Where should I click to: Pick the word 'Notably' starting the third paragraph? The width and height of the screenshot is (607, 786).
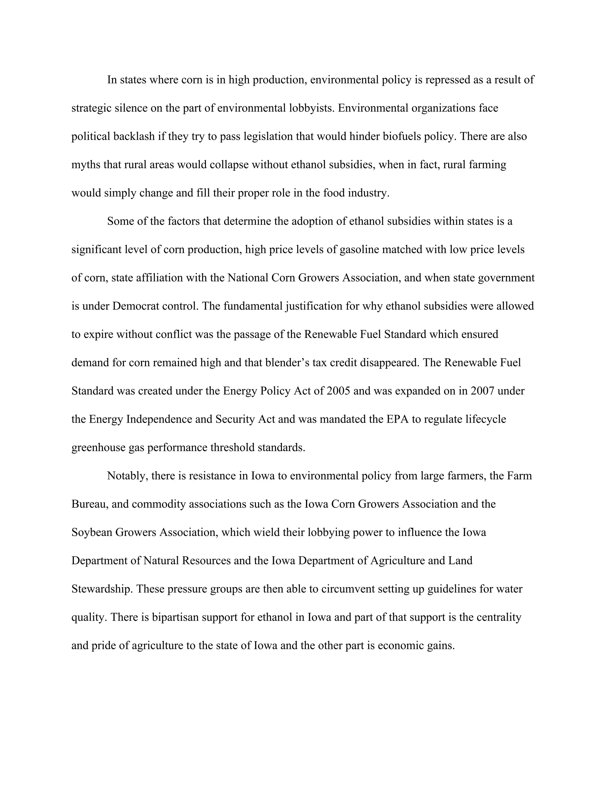(x=128, y=476)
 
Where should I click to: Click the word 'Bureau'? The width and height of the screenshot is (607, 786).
(x=90, y=504)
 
